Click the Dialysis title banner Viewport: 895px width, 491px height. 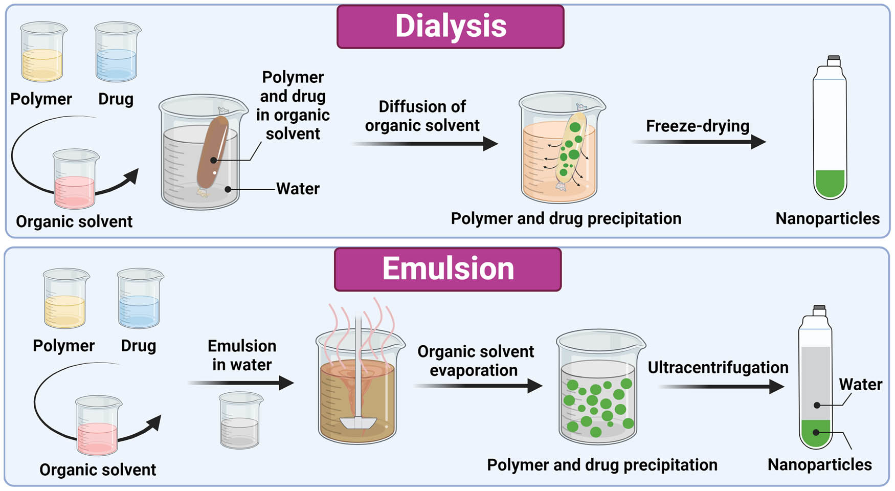click(x=450, y=27)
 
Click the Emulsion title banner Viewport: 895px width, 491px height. click(x=448, y=269)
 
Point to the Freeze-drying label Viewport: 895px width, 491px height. click(x=697, y=126)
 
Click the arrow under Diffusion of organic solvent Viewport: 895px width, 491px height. click(x=424, y=144)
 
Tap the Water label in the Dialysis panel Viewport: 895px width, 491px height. click(x=298, y=189)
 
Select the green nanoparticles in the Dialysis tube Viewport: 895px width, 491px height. click(x=829, y=184)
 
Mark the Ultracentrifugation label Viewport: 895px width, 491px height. click(x=718, y=367)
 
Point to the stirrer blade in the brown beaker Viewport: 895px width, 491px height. click(x=357, y=422)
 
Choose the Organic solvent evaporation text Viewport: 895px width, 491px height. click(x=475, y=361)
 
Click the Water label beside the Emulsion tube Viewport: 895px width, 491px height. click(x=860, y=384)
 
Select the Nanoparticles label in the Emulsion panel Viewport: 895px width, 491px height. click(x=819, y=464)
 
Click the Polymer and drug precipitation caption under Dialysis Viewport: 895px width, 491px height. click(x=566, y=218)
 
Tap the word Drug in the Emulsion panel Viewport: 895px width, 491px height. click(x=138, y=346)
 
